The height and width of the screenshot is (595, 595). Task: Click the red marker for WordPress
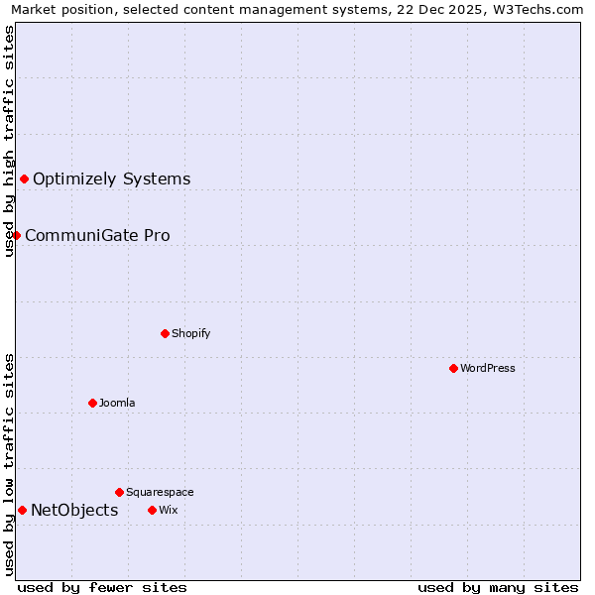[453, 368]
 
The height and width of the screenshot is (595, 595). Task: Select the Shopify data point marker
[166, 333]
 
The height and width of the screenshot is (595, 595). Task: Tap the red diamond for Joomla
[92, 403]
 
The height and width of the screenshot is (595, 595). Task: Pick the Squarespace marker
[119, 492]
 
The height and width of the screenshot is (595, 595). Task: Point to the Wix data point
[152, 510]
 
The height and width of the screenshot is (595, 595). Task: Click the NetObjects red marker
[22, 510]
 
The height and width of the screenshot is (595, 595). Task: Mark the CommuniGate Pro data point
[17, 235]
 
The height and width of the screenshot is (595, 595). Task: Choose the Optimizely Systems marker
[25, 178]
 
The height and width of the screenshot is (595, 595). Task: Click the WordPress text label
[487, 368]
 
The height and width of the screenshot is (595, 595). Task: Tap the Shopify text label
[190, 333]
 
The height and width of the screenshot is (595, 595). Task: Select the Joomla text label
[117, 403]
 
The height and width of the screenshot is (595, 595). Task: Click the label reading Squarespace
[160, 492]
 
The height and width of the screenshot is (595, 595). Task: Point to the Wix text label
[168, 510]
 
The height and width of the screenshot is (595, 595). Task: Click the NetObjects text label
[74, 510]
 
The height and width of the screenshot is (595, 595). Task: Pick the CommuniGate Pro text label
[97, 235]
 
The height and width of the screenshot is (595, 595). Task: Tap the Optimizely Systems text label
[111, 178]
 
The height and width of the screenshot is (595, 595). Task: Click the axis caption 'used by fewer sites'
[102, 587]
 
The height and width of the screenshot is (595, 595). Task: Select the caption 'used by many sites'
[498, 587]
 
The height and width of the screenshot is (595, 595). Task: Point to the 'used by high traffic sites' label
[10, 141]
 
